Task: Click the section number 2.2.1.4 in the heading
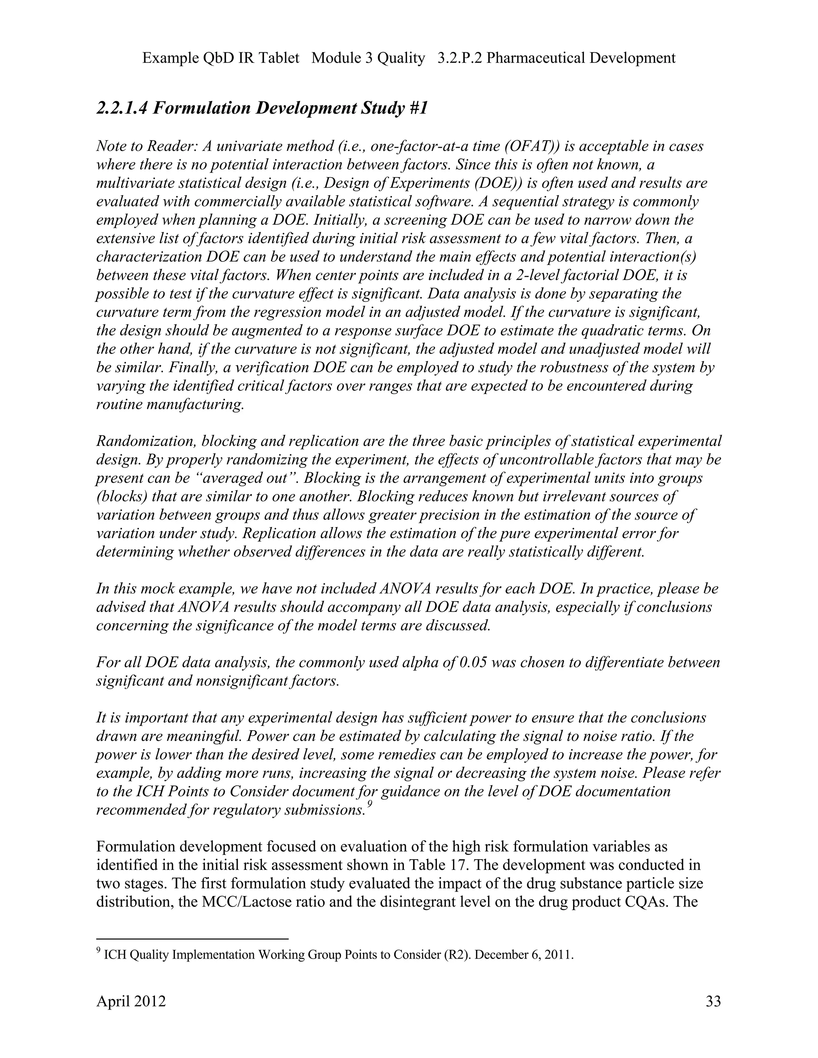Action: (x=122, y=108)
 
